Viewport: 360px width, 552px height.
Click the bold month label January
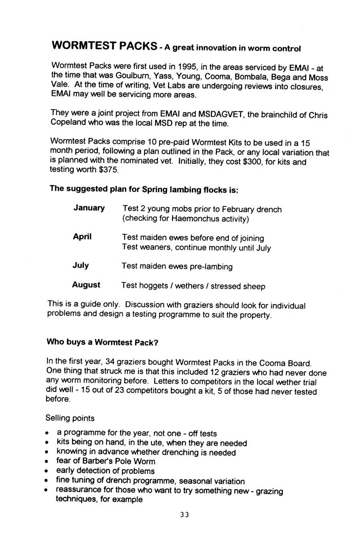coord(89,208)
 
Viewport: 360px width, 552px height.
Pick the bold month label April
coord(82,237)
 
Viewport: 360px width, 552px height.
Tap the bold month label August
coord(86,285)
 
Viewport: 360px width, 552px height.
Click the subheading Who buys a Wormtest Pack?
coord(103,342)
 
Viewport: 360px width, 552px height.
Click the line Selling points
coord(70,418)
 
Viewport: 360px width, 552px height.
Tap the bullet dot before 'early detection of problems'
coord(48,471)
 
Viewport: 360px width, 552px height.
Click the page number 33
coord(184,515)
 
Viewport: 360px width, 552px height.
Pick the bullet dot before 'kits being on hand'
coord(48,443)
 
